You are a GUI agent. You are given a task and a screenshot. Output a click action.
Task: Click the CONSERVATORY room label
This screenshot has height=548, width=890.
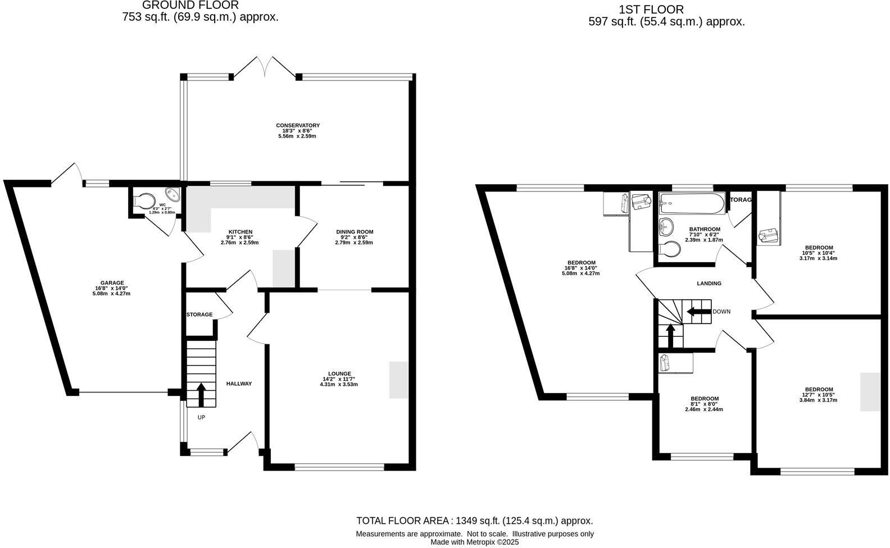298,125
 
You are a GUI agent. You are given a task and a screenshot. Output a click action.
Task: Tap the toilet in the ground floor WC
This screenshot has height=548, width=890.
145,201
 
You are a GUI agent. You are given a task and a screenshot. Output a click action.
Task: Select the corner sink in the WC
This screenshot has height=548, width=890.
174,194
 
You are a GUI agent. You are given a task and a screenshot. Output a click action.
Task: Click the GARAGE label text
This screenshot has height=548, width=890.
112,283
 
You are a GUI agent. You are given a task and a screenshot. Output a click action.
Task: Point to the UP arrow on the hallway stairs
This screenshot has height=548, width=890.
201,392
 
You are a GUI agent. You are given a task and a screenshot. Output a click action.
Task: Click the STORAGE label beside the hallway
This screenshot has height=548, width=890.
199,314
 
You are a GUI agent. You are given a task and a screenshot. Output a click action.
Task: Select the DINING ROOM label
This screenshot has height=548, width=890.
355,232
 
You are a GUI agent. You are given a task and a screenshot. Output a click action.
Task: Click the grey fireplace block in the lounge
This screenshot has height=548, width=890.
398,380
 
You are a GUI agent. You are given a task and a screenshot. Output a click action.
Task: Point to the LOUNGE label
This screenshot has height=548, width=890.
339,374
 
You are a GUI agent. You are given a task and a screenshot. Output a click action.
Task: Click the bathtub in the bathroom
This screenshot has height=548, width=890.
692,204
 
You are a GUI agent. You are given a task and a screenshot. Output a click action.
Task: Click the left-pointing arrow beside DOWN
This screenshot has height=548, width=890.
698,312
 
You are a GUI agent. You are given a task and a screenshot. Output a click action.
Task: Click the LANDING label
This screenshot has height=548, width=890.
709,284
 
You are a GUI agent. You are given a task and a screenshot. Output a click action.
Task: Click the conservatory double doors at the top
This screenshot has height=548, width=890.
265,66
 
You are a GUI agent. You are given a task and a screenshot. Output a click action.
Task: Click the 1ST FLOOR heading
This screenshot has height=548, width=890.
651,10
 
